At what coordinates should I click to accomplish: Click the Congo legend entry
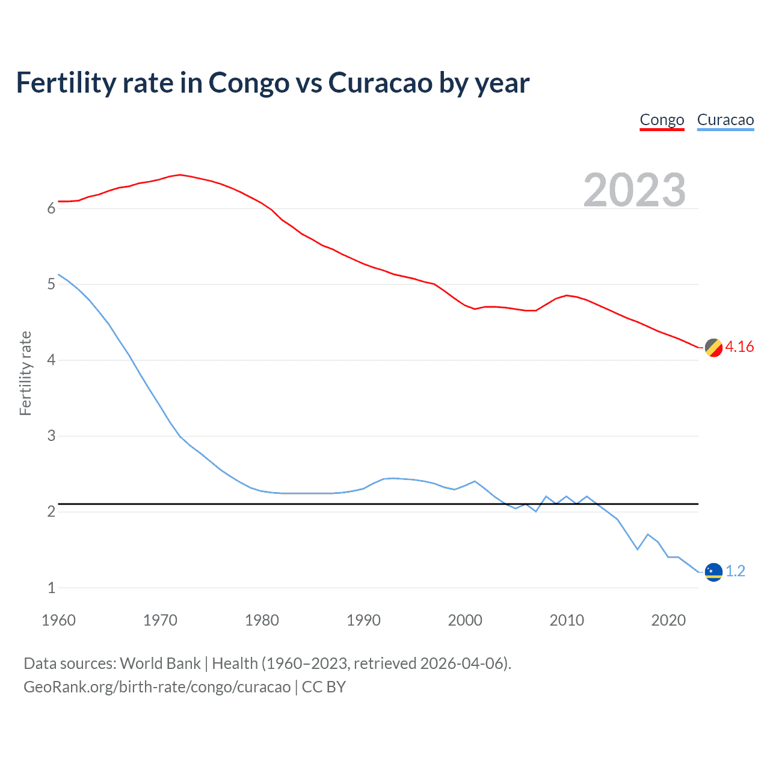coord(662,120)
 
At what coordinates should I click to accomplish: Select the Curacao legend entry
coord(725,120)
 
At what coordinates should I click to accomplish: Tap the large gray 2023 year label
coord(635,190)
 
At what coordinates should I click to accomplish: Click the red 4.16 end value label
coord(739,346)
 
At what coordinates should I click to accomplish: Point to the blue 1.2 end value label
coord(735,571)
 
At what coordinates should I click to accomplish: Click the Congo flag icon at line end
coord(713,348)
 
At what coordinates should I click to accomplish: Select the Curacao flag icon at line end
coord(713,571)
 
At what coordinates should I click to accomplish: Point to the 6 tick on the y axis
coord(51,208)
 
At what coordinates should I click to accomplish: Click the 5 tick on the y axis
coord(51,284)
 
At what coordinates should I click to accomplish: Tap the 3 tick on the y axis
coord(51,436)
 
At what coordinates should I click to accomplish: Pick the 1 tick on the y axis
coord(51,588)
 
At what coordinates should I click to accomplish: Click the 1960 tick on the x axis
coord(58,620)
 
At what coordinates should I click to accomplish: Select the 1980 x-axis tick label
coord(262,620)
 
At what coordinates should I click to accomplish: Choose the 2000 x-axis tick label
coord(465,620)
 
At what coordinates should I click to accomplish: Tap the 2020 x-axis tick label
coord(668,620)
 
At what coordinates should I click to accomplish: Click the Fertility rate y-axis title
coord(25,373)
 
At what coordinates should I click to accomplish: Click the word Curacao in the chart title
coord(380,82)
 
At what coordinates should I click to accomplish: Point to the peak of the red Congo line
coord(180,174)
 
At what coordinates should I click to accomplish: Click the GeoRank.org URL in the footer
coord(157,687)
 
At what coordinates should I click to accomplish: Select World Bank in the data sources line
coord(160,664)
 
